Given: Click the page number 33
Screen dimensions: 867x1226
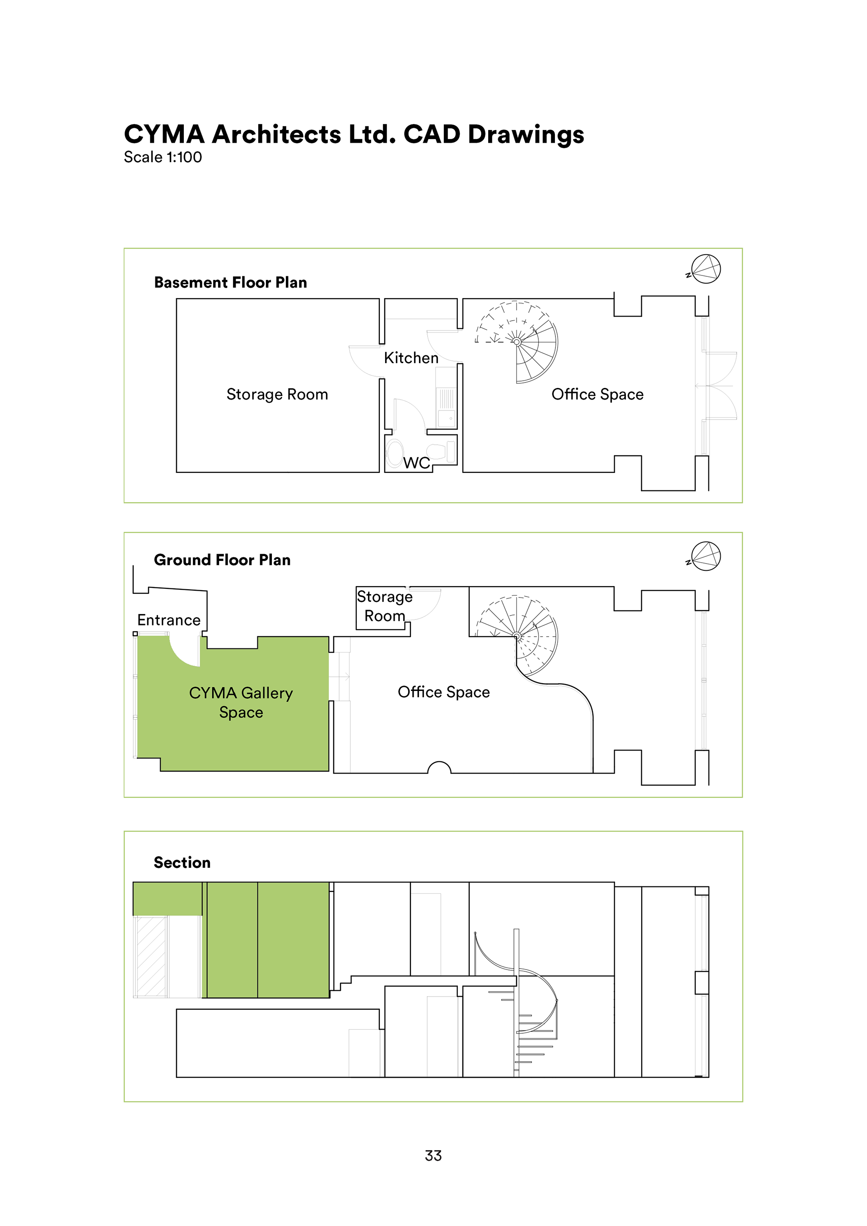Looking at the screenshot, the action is [433, 1156].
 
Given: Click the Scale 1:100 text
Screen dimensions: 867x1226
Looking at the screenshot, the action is [163, 157].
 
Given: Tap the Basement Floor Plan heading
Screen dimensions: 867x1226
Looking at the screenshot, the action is [231, 283].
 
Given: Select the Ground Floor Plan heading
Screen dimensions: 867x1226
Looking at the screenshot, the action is [222, 559].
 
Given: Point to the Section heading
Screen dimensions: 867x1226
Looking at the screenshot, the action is [182, 862].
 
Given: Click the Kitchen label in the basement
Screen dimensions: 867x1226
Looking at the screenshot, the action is [411, 358].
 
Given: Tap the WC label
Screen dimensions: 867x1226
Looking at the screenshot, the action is [416, 462].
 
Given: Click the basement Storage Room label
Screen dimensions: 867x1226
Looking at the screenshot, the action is [277, 395].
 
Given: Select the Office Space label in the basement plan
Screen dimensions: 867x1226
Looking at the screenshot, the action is [597, 395].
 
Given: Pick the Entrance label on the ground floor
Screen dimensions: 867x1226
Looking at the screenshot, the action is [169, 620].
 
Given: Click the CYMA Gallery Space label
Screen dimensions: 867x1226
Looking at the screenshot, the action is [241, 702].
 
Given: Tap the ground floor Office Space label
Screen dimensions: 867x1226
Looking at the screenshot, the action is [443, 692].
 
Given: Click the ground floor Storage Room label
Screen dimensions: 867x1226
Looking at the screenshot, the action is [384, 606].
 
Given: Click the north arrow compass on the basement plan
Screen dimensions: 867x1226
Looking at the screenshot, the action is [705, 269].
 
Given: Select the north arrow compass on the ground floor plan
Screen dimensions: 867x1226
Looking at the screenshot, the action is [705, 556].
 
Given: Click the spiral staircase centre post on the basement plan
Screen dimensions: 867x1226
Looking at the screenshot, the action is [517, 342].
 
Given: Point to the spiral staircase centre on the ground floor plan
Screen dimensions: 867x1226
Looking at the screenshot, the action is [517, 636].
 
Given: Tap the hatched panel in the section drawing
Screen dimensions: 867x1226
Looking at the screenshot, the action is [151, 956].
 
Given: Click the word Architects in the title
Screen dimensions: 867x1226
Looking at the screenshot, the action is [276, 134].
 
